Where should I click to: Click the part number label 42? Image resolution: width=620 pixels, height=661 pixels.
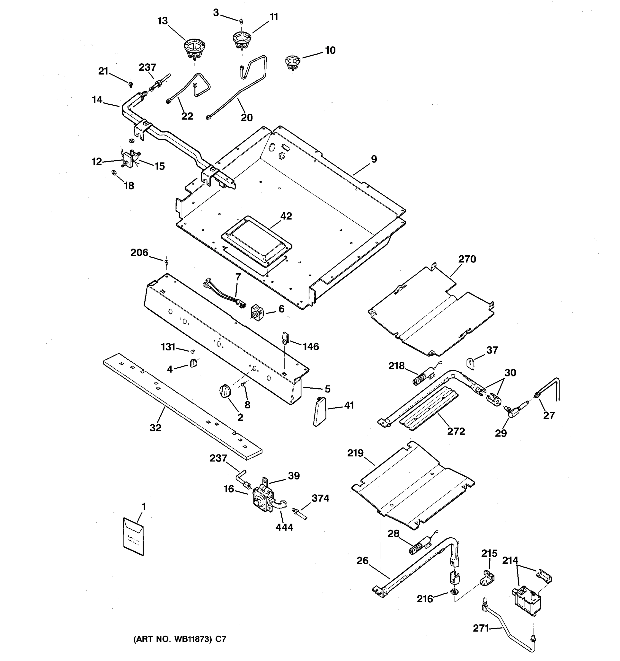click(286, 216)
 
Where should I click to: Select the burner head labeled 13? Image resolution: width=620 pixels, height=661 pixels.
click(195, 48)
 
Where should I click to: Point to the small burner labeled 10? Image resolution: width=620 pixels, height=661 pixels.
click(293, 62)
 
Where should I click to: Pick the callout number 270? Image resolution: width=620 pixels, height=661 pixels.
click(467, 259)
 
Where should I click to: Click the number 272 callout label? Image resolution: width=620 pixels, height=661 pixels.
click(456, 431)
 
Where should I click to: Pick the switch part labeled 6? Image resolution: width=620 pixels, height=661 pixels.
click(257, 311)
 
